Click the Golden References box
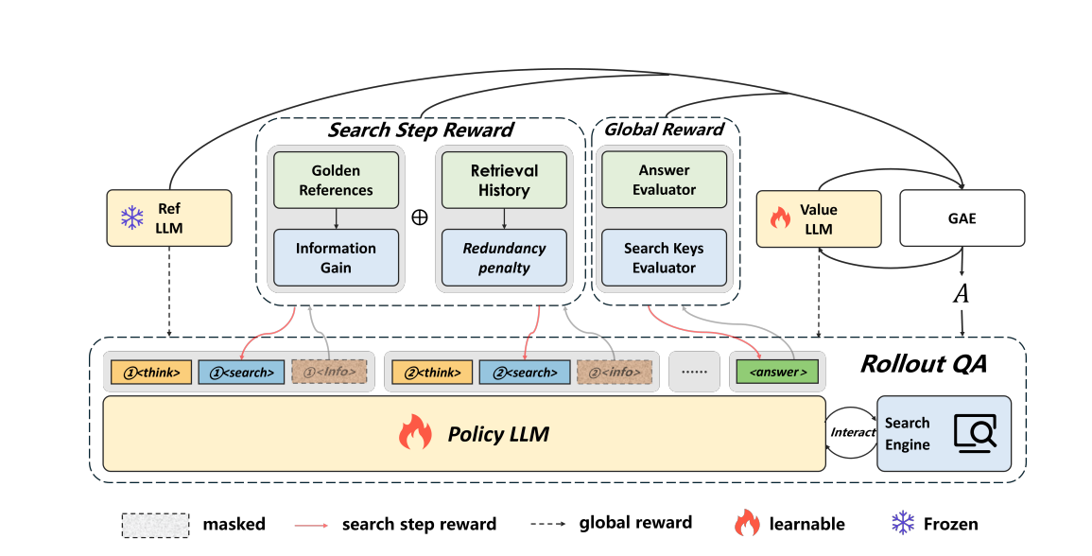336,181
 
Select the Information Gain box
336,257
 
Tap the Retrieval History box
504,181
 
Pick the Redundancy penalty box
504,257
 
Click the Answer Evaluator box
664,180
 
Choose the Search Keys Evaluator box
664,258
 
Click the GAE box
962,218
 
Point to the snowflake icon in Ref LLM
130,218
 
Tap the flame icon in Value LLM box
780,218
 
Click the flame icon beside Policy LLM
414,434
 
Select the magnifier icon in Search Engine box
974,433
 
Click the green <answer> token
777,372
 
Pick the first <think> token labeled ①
151,372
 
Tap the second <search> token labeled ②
525,372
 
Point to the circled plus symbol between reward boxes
420,217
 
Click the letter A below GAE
961,294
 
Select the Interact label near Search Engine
853,432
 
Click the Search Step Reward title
420,130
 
